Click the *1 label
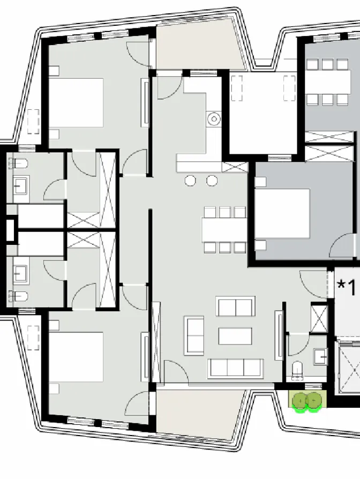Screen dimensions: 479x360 346,287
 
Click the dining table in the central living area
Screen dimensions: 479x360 224,230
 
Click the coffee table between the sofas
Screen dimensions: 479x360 235,336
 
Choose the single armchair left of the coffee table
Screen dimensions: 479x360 194,335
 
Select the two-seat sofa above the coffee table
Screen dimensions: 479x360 235,307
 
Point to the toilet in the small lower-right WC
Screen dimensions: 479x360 298,370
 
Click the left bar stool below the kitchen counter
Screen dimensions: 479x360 191,180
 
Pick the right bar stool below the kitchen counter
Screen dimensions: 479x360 212,180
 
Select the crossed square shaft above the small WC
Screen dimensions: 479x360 319,318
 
